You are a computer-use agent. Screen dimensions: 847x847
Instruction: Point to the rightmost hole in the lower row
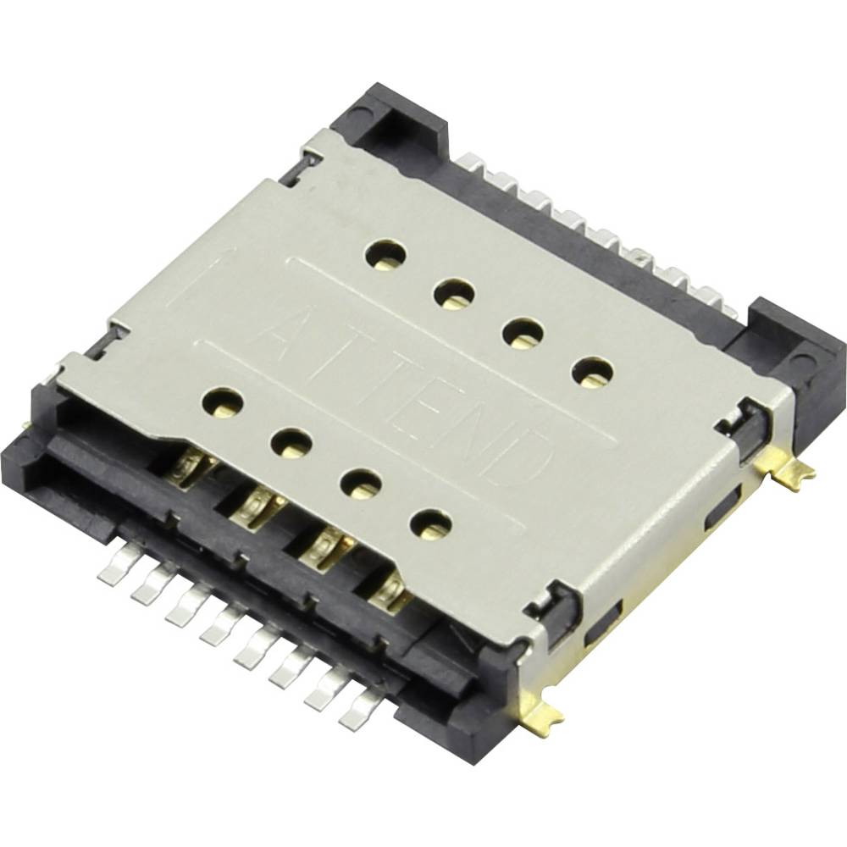click(x=430, y=525)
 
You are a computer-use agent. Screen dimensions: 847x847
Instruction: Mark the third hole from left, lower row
click(x=360, y=483)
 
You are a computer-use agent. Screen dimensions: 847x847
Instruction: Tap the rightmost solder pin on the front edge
click(x=359, y=710)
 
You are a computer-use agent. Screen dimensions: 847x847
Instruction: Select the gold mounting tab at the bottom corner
click(x=543, y=720)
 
